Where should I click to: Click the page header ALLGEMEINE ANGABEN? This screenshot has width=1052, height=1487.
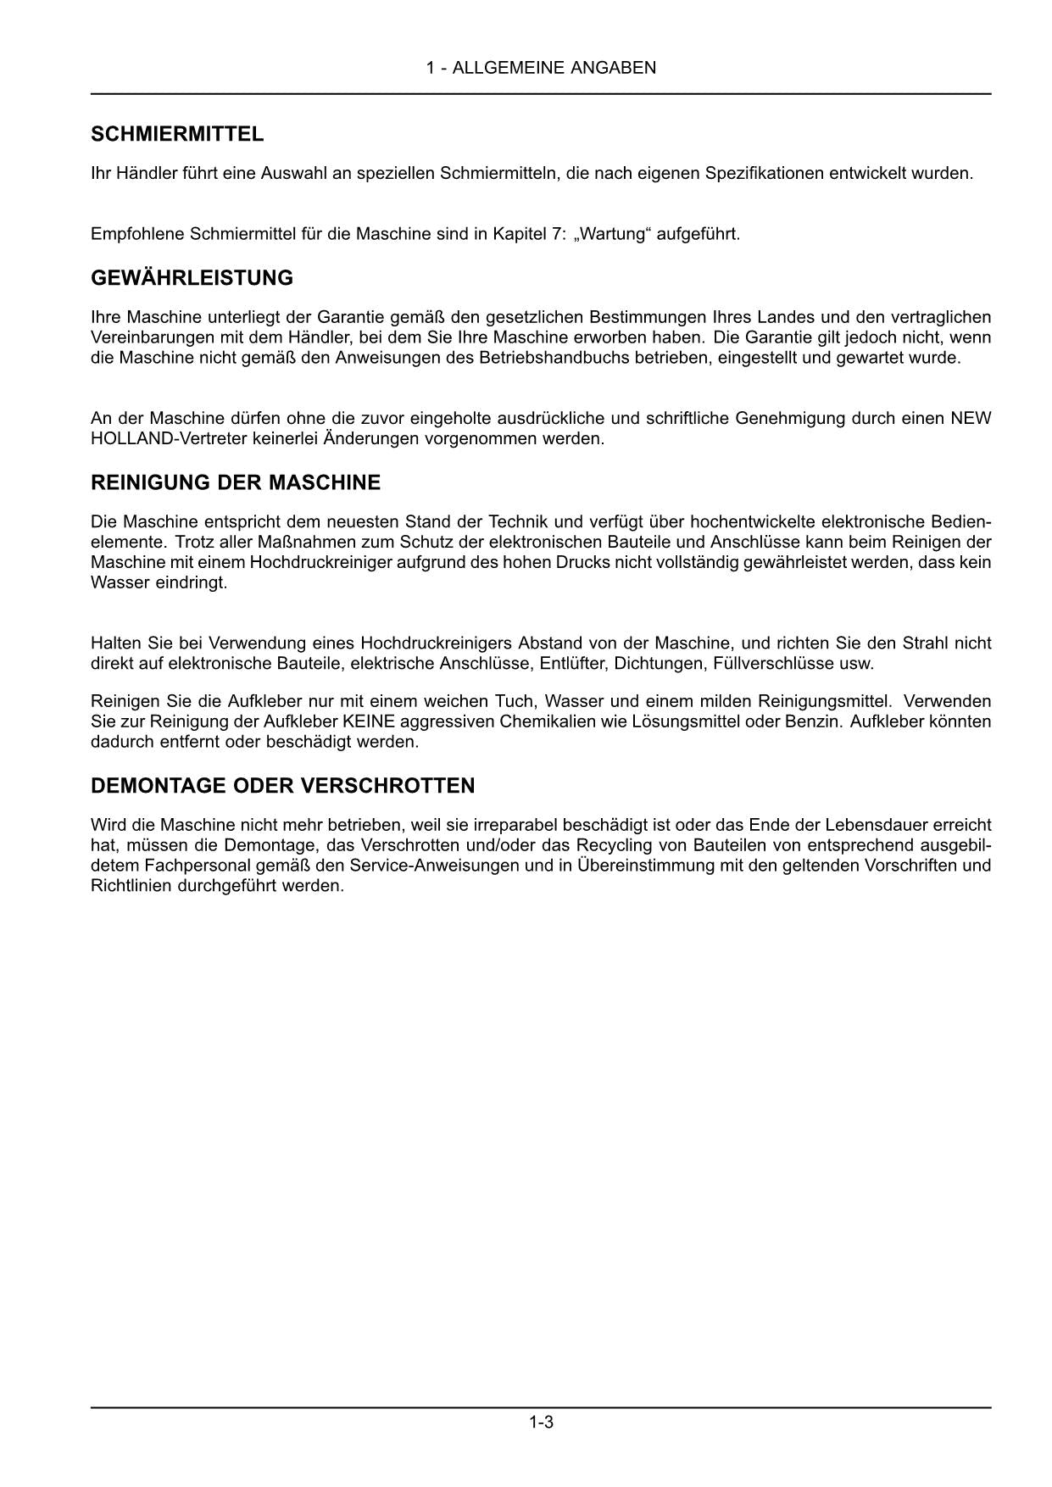tap(541, 68)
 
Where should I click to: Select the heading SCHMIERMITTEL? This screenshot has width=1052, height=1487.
tap(177, 134)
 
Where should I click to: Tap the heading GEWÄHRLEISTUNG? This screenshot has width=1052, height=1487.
tap(192, 278)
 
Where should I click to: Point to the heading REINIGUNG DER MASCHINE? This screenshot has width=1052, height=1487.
tap(236, 483)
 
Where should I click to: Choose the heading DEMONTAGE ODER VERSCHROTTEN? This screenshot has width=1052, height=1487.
tap(282, 786)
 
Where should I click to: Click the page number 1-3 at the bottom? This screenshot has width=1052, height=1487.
tap(541, 1423)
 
